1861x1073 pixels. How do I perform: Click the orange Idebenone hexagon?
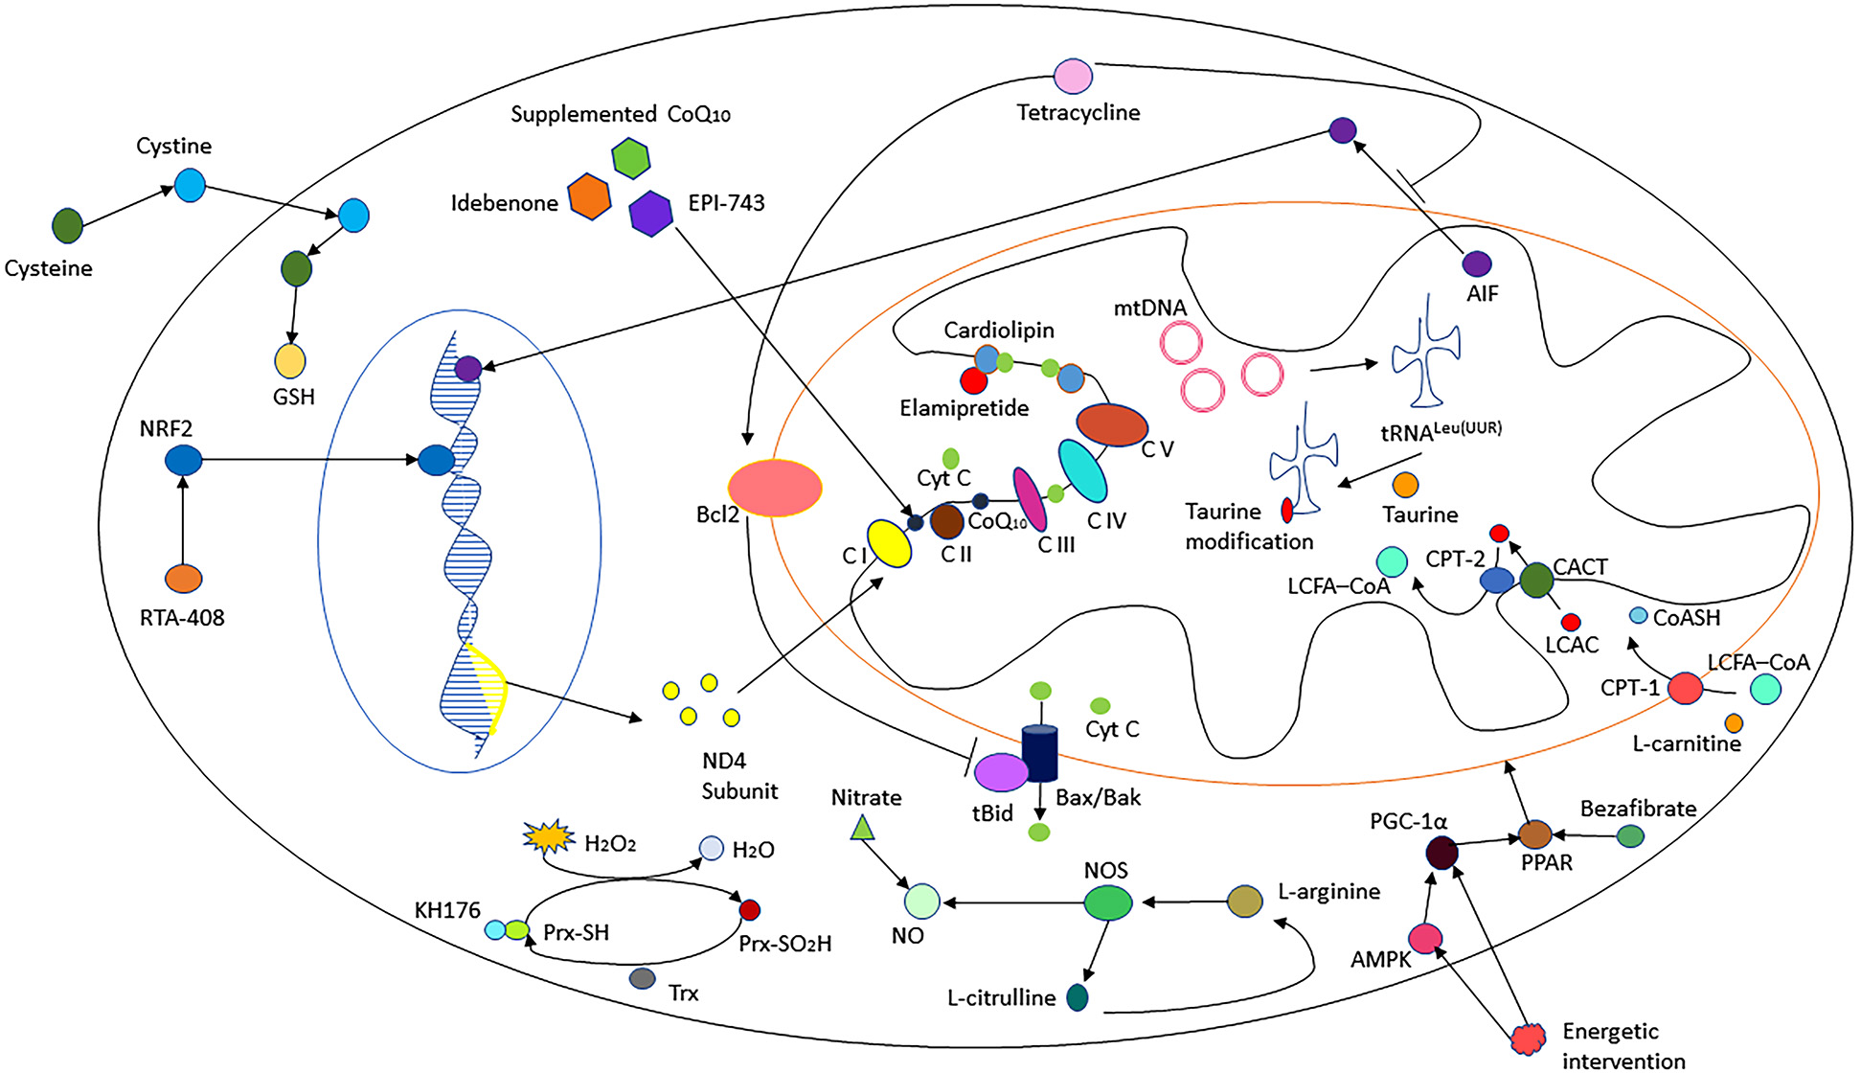589,196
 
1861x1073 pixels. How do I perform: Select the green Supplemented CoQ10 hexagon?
631,158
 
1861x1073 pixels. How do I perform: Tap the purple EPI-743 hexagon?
651,213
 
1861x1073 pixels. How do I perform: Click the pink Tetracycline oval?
1073,76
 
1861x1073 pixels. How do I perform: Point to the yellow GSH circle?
290,361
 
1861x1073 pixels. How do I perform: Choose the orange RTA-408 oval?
183,579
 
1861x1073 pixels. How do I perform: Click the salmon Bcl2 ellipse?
775,488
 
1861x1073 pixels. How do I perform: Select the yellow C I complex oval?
889,543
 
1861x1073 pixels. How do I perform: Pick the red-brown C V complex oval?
1112,424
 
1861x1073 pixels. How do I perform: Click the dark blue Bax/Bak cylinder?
1040,754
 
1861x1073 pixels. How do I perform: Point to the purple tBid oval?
1001,772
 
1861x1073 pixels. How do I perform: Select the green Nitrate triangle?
864,827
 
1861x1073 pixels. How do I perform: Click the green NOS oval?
1107,902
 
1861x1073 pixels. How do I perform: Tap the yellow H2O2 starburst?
549,837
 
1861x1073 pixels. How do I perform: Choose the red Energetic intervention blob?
1529,1038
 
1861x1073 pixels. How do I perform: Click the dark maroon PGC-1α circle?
1441,852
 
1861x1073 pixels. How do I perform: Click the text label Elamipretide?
964,409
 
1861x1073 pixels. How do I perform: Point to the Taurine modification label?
1248,526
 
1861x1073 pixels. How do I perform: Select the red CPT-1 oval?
1685,688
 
